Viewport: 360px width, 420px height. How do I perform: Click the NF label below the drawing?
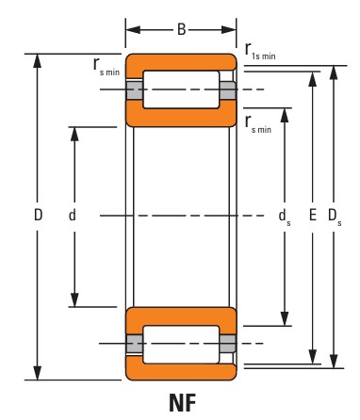click(183, 403)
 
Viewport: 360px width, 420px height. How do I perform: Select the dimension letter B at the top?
click(182, 29)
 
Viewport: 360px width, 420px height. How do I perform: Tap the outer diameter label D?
click(38, 216)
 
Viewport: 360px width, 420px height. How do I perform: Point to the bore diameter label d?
click(73, 216)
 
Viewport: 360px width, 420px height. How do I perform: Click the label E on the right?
click(313, 216)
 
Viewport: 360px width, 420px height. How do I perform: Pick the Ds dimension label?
click(335, 217)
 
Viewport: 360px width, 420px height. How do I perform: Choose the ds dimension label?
click(285, 217)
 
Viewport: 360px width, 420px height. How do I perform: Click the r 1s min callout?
click(260, 52)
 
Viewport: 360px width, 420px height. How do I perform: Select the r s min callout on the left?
click(106, 67)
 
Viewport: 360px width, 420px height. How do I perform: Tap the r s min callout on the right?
click(258, 124)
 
